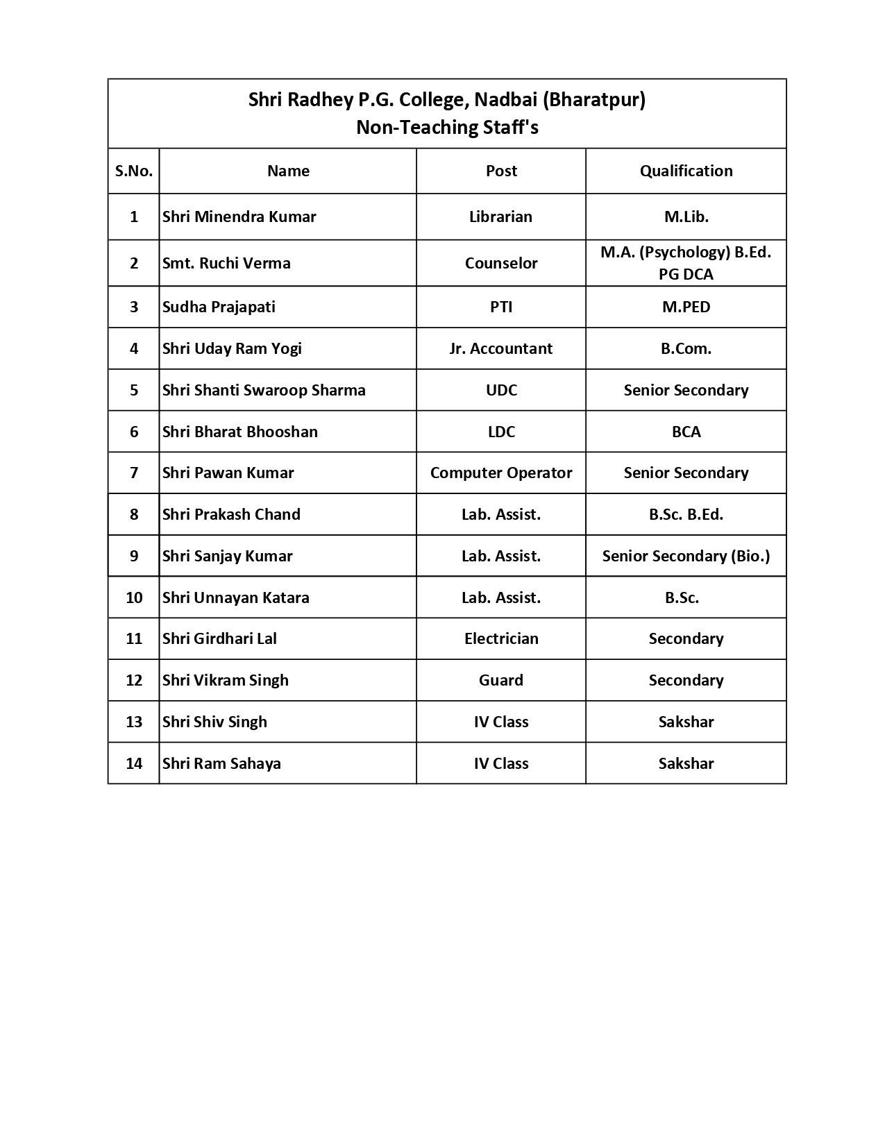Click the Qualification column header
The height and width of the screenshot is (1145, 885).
[x=686, y=171]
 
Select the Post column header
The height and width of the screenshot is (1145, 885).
[x=501, y=171]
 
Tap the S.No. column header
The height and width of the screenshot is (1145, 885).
[x=134, y=171]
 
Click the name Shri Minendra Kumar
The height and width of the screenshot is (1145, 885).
[x=239, y=217]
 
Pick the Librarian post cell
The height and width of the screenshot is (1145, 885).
[x=500, y=217]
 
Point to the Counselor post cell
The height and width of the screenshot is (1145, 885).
[x=501, y=263]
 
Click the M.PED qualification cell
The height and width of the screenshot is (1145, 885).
[x=686, y=307]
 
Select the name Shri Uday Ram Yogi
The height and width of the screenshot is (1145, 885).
[x=232, y=348]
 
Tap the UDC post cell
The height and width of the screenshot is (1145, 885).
[x=501, y=390]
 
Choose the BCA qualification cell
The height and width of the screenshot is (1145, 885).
[x=686, y=432]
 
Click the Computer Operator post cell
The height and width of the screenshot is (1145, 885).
[x=501, y=473]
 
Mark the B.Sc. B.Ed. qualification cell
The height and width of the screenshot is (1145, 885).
[x=686, y=514]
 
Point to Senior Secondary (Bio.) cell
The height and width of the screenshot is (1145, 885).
[x=686, y=556]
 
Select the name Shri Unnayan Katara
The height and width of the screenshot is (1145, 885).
[x=235, y=597]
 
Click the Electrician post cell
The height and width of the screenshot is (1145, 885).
[x=501, y=638]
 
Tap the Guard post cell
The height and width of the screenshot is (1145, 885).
[x=501, y=680]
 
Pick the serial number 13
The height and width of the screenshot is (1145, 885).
[x=134, y=722]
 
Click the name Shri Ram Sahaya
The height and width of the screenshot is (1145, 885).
[x=221, y=763]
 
